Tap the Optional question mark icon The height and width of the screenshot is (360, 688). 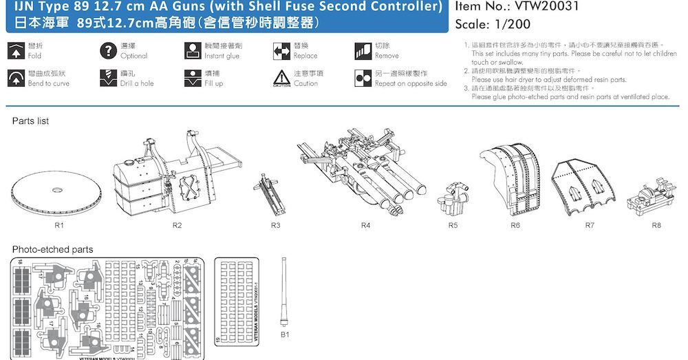click(x=107, y=50)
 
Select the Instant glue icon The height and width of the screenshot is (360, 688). click(x=193, y=50)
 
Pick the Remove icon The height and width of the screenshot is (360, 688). click(x=363, y=50)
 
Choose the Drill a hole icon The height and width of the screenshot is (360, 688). click(x=107, y=78)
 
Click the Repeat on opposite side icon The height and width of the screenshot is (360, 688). click(x=363, y=78)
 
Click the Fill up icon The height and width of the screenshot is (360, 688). click(x=193, y=78)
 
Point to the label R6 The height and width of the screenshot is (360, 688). click(x=515, y=225)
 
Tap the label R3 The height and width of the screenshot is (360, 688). click(x=276, y=225)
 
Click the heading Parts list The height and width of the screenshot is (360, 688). click(x=30, y=121)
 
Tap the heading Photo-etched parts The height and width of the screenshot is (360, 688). click(x=52, y=248)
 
